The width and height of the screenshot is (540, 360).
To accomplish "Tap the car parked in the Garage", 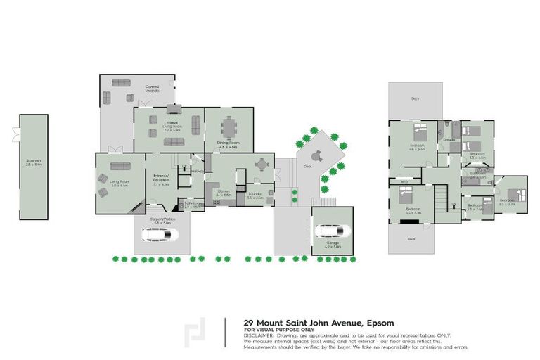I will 328,230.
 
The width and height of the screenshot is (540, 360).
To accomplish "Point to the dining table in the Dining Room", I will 229,129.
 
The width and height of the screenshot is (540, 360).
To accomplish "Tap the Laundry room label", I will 255,197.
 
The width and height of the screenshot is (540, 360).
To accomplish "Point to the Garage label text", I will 332,245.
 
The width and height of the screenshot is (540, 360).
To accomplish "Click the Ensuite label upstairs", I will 450,140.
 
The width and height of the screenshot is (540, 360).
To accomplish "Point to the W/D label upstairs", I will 404,181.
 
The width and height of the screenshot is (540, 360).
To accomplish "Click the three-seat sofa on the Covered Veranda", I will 124,82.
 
